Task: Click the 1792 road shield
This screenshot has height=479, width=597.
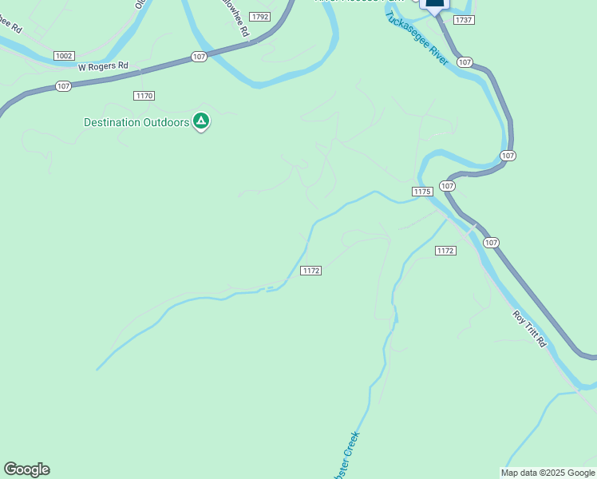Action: (x=259, y=17)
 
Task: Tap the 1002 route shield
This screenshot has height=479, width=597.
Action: (x=65, y=56)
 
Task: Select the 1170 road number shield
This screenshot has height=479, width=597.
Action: (x=144, y=96)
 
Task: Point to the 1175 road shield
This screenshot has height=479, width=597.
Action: (x=422, y=192)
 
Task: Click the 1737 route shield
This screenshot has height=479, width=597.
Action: (x=463, y=19)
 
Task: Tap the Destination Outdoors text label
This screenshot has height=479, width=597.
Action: (x=136, y=122)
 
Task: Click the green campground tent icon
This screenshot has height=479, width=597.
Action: (x=201, y=121)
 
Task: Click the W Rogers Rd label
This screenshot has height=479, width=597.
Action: (x=103, y=66)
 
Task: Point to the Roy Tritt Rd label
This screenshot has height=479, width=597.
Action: (x=530, y=328)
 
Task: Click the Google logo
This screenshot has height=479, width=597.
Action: (x=26, y=469)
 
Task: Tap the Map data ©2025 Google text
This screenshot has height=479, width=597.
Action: (x=548, y=473)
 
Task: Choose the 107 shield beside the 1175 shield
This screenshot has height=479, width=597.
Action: (x=447, y=185)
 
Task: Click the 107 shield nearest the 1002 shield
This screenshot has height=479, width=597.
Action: (x=64, y=86)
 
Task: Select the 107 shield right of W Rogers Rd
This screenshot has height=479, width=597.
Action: (x=200, y=57)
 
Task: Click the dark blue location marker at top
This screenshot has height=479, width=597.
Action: (x=435, y=4)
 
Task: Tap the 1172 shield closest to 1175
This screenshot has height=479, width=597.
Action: (x=445, y=251)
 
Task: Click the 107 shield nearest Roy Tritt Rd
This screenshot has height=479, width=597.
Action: (x=491, y=242)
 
